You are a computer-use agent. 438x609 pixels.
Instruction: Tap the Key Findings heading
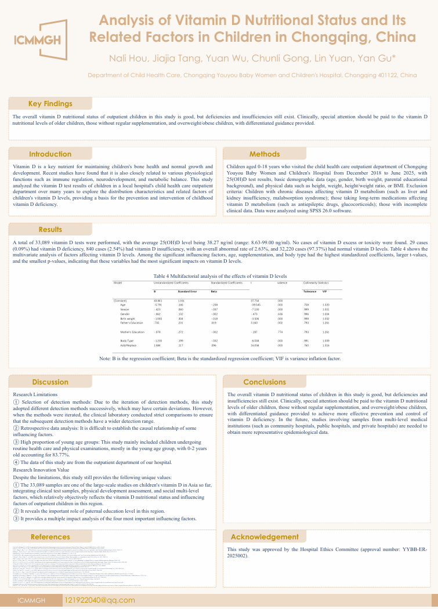[x=50, y=104]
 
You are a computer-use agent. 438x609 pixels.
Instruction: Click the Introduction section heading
[x=50, y=154]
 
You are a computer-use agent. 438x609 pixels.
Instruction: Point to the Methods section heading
[x=265, y=154]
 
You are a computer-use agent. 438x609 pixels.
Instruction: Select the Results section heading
[x=50, y=230]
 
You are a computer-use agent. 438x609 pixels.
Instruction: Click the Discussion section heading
[x=50, y=382]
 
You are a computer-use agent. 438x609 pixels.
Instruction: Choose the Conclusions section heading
[x=265, y=382]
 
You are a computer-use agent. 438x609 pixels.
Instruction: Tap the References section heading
[x=50, y=536]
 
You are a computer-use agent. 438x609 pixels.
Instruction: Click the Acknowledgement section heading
[x=265, y=536]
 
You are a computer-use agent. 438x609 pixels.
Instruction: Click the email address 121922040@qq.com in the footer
[x=100, y=599]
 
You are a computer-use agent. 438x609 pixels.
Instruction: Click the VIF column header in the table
[x=325, y=291]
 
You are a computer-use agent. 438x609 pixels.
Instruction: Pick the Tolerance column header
[x=310, y=291]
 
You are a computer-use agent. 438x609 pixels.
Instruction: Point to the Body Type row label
[x=127, y=340]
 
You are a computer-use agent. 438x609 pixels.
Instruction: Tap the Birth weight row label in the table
[x=128, y=318]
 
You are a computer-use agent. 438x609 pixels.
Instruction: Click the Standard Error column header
[x=187, y=291]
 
